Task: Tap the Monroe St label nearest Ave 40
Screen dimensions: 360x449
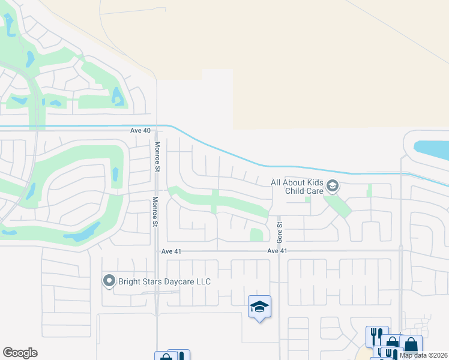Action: click(157, 157)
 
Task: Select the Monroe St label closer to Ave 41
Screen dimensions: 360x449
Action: click(155, 212)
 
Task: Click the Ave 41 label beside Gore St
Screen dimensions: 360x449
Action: click(277, 251)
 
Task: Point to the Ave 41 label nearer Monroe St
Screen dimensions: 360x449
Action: click(171, 251)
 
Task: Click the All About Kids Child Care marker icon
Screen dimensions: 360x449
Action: click(333, 187)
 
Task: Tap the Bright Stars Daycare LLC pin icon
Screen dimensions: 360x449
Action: click(109, 281)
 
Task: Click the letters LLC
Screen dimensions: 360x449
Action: click(202, 281)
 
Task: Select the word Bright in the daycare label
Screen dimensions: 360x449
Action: click(131, 281)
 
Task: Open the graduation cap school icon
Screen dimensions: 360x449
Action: click(259, 307)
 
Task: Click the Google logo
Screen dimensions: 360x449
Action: click(20, 353)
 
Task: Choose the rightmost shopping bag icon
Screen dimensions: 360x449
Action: click(411, 345)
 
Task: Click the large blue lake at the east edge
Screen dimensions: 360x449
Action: click(433, 148)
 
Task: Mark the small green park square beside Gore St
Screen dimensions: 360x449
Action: click(256, 235)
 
